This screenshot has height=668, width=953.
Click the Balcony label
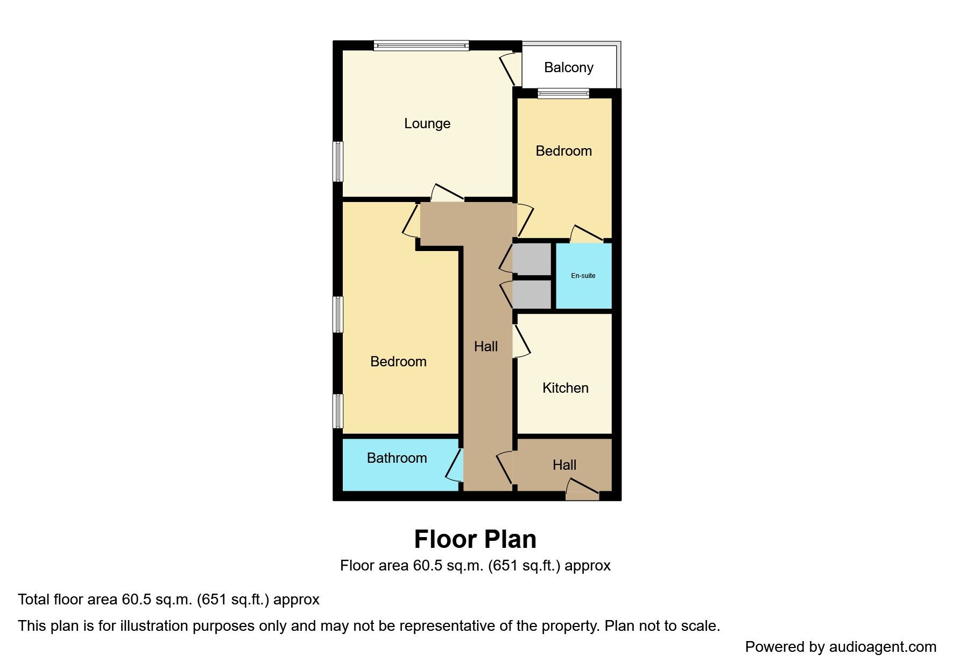click(568, 68)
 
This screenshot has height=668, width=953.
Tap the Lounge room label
click(427, 123)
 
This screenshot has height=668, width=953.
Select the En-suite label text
click(583, 276)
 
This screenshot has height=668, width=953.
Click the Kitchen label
click(565, 388)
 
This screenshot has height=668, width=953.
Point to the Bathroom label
click(397, 458)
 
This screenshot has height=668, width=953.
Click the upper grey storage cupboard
click(532, 259)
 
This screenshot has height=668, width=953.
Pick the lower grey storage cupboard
click(532, 294)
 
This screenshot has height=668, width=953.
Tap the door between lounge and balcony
click(510, 69)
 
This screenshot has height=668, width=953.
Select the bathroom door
click(455, 465)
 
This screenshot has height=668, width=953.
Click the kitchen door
click(522, 341)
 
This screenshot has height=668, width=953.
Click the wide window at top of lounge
click(421, 46)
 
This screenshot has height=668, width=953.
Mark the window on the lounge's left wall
click(338, 162)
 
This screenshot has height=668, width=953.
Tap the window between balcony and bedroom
click(563, 94)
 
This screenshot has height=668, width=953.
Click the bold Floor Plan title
click(475, 539)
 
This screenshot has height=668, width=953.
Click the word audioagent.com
click(883, 647)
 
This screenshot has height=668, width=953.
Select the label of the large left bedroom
click(398, 361)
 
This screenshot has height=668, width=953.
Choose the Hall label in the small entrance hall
click(564, 465)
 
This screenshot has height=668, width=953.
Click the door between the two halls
click(505, 467)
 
